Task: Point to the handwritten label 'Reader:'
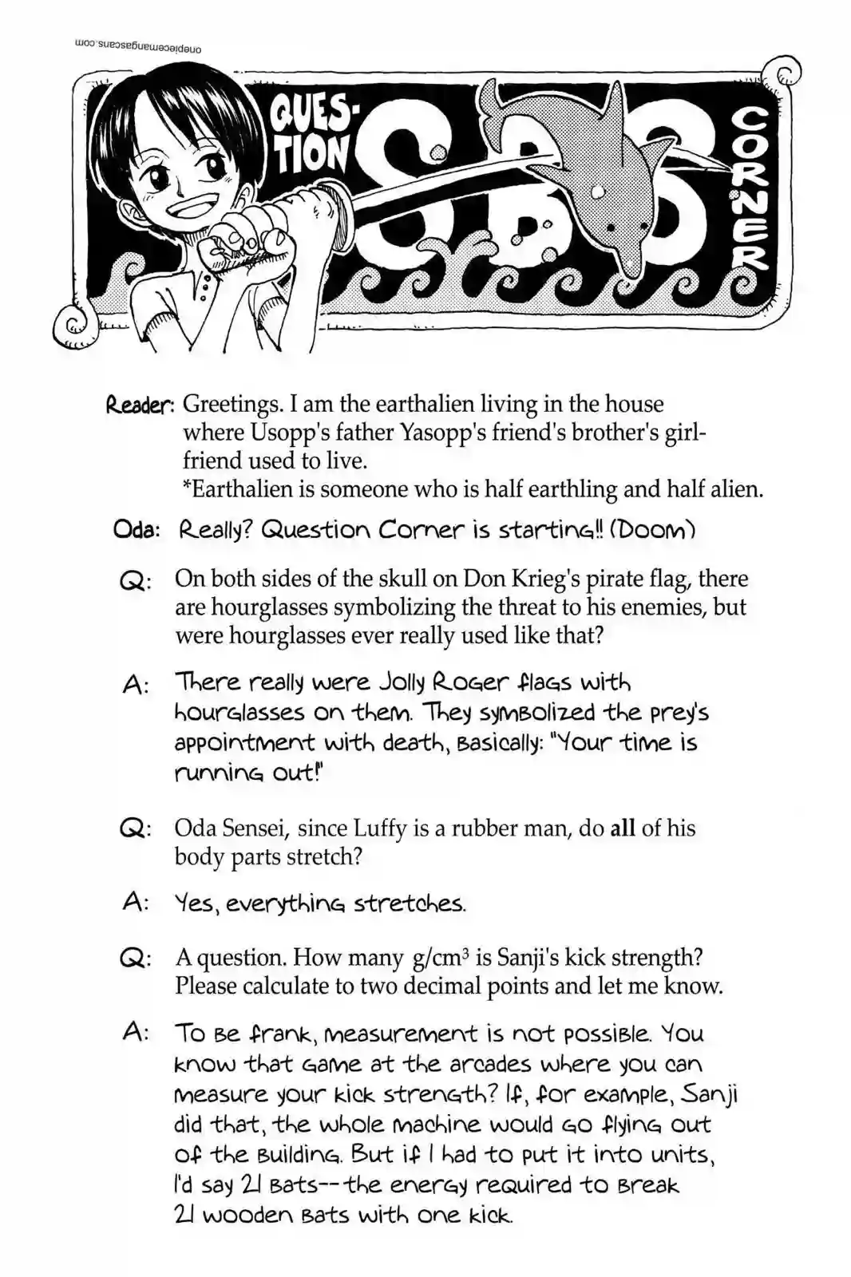click(141, 405)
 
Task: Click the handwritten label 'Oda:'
click(137, 531)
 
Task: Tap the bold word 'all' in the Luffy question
click(623, 828)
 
